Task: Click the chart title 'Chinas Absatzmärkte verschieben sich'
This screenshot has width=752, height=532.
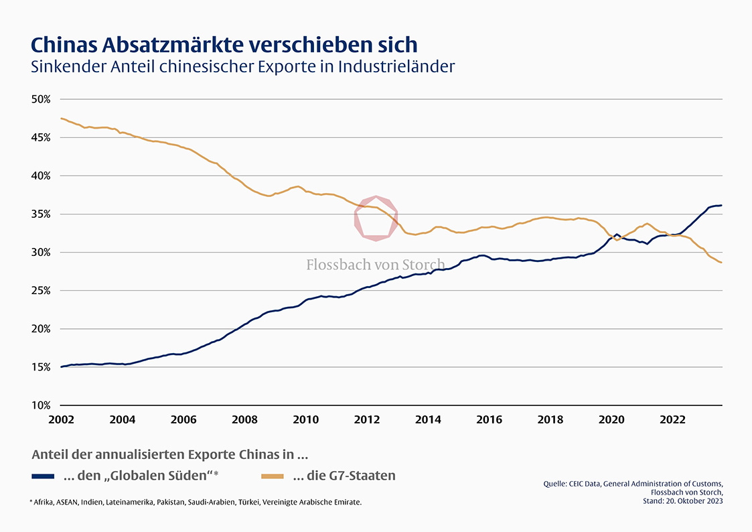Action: tap(224, 44)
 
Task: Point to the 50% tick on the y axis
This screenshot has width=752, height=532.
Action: tap(41, 99)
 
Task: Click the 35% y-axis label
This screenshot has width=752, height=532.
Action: tap(41, 214)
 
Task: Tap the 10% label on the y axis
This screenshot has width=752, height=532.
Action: tap(41, 406)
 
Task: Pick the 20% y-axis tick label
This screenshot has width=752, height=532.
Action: tap(41, 329)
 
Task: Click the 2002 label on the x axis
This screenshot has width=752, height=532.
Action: tap(61, 419)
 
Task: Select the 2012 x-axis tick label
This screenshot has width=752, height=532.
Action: tap(367, 419)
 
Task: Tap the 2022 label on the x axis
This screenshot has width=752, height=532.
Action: tap(672, 419)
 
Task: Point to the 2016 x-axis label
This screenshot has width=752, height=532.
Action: tap(489, 419)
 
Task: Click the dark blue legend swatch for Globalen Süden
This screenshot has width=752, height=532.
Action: tap(43, 476)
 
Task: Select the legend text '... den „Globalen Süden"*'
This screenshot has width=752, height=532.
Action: tap(141, 476)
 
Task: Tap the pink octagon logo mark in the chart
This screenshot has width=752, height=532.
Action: tap(376, 218)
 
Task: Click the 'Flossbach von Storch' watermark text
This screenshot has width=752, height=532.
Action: tap(375, 265)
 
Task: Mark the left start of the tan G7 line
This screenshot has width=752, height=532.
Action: tap(62, 119)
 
